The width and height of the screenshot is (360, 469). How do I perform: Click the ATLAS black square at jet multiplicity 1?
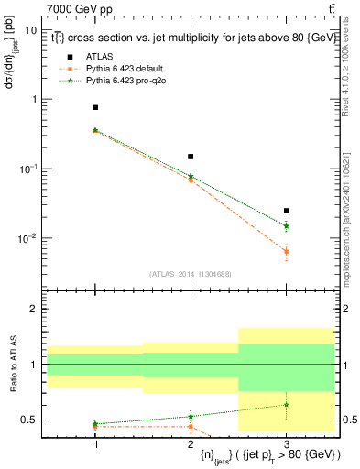(95, 107)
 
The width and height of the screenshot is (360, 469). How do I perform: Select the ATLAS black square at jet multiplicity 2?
(191, 157)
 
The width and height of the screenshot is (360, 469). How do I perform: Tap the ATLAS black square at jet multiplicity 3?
(286, 211)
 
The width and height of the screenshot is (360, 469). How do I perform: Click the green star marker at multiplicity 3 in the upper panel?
(286, 225)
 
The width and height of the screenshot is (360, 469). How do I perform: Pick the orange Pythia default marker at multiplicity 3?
(286, 251)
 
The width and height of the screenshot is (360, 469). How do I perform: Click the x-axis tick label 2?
(191, 442)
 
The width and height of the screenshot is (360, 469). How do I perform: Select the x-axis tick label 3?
(286, 442)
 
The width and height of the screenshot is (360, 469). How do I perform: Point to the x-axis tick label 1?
(95, 442)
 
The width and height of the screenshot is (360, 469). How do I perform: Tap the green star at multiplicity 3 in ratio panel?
(286, 405)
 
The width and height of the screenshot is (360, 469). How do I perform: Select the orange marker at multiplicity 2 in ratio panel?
(191, 427)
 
